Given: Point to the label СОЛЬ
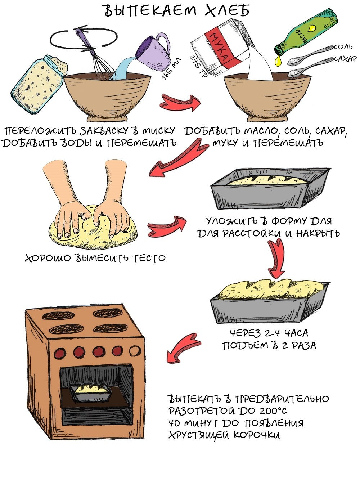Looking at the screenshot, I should [x=343, y=47].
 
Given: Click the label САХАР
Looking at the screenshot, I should [x=345, y=59].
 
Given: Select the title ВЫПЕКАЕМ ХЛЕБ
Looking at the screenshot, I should [x=176, y=11].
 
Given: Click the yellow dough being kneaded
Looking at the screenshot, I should [x=94, y=227].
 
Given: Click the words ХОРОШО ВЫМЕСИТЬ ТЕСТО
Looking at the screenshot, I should [x=95, y=258].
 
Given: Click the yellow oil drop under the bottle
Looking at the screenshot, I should [x=278, y=61].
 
